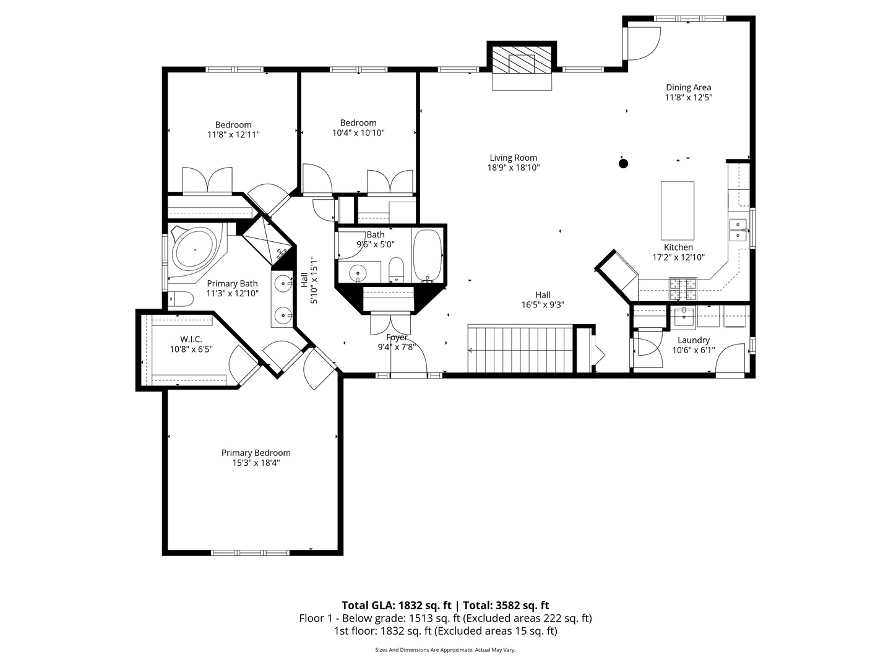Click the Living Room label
click(513, 158)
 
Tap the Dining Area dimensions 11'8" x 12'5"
click(688, 98)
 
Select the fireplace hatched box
click(522, 60)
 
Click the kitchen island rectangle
click(678, 210)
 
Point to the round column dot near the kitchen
click(624, 163)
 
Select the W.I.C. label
click(191, 339)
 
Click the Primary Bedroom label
click(256, 453)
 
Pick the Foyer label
click(397, 338)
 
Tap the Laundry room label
click(693, 340)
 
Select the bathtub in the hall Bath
click(427, 254)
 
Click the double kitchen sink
click(738, 229)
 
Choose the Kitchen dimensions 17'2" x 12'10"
click(679, 257)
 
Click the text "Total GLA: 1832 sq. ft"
click(397, 606)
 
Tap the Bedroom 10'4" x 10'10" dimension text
click(358, 132)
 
